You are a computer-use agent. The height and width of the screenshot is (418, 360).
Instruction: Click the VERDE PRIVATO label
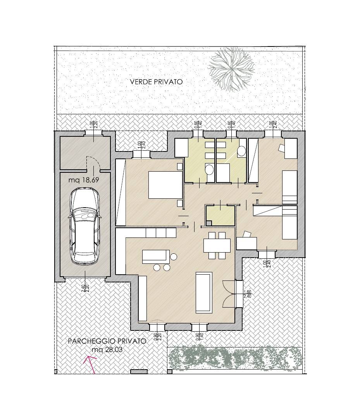(156, 82)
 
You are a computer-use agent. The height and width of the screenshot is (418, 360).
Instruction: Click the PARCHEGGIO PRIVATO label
(107, 341)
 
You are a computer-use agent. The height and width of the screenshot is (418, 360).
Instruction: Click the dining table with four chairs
(217, 245)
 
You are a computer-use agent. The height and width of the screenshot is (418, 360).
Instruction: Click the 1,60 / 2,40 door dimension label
(247, 294)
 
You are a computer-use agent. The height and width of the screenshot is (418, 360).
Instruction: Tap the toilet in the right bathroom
(241, 151)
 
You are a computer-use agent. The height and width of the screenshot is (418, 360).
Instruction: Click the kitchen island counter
(155, 256)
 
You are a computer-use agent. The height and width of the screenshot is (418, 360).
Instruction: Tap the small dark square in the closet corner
(209, 223)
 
